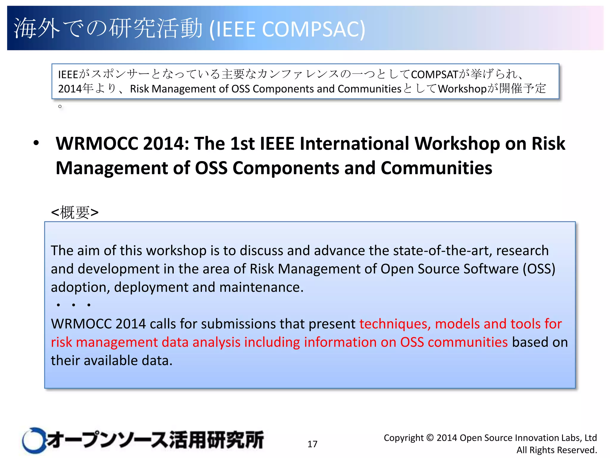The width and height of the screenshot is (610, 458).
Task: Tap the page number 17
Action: point(312,444)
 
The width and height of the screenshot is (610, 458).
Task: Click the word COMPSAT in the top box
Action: point(434,75)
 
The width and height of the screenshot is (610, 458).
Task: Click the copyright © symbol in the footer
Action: point(430,438)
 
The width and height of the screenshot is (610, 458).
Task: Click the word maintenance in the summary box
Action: point(261,287)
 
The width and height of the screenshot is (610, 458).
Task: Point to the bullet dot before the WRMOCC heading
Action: point(36,143)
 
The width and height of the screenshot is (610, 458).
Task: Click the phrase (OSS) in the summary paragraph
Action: point(539,269)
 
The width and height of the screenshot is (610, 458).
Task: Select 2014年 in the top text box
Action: point(76,89)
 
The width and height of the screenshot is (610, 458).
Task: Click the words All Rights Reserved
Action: point(556,450)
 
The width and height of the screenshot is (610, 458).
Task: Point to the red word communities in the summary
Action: point(468,342)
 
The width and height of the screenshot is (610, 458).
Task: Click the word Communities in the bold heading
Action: point(436,168)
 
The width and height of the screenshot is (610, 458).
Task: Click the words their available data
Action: point(111,360)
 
